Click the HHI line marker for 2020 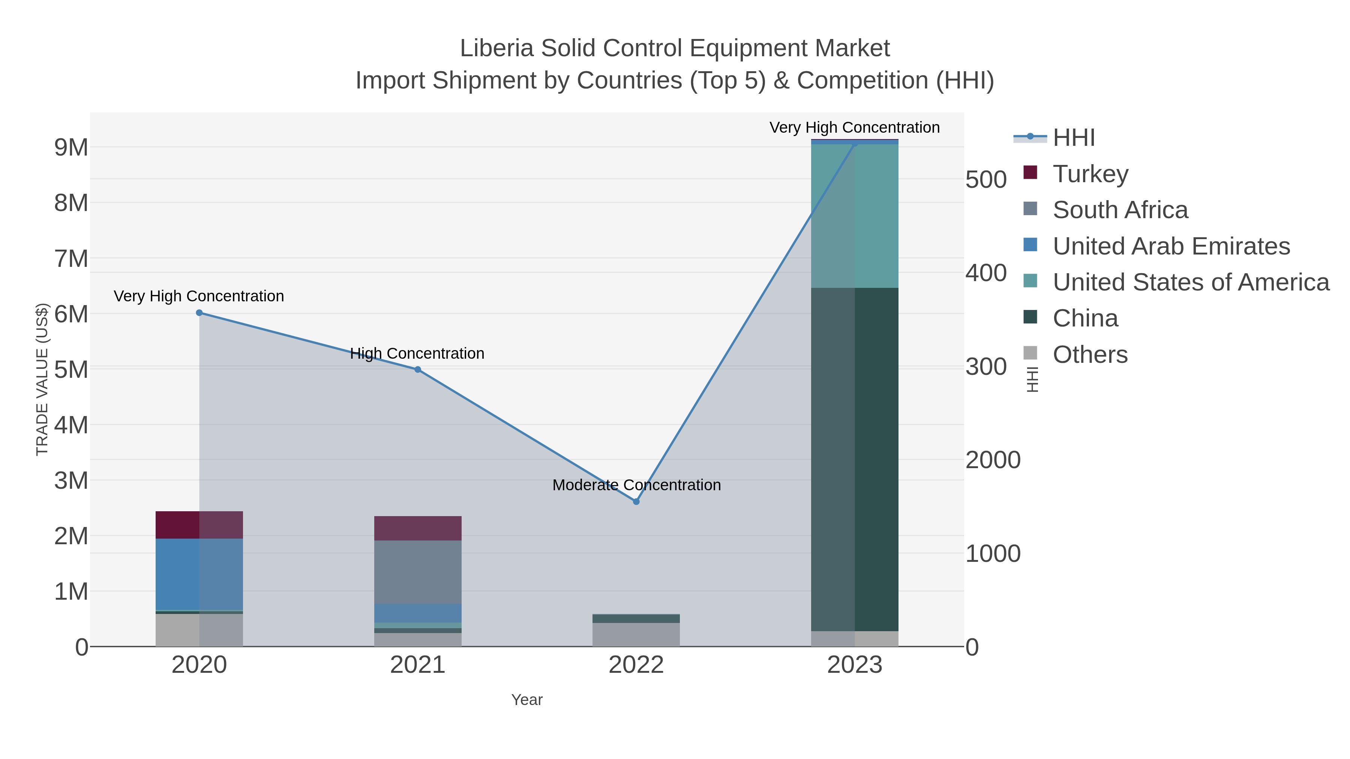click(x=199, y=313)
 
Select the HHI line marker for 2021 click(x=418, y=369)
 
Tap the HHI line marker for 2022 click(x=636, y=501)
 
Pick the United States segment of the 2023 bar click(x=855, y=216)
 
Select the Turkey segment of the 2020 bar click(x=199, y=524)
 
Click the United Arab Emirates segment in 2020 click(x=199, y=574)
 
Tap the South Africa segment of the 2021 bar click(x=418, y=572)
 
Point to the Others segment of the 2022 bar click(x=636, y=634)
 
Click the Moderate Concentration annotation click(x=636, y=485)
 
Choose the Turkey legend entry click(x=1090, y=174)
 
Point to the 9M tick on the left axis click(x=71, y=148)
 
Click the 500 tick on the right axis click(x=985, y=180)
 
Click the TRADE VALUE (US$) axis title click(x=42, y=379)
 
